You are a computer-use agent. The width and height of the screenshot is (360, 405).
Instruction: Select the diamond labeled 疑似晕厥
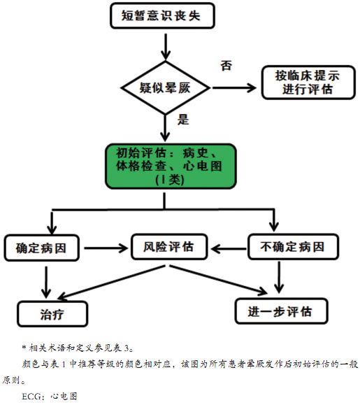tap(166, 88)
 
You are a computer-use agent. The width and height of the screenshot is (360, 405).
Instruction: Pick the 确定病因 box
tap(43, 247)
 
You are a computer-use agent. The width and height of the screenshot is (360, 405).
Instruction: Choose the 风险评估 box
tap(165, 247)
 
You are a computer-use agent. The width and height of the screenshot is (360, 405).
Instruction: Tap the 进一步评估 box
tap(280, 311)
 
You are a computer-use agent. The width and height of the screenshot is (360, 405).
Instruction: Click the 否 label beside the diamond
tap(226, 66)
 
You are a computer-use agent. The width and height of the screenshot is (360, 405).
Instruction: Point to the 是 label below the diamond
tap(183, 119)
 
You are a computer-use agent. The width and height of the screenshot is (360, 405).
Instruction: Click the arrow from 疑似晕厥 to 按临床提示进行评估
tap(234, 88)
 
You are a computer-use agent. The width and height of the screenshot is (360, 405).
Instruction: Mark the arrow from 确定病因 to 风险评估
tap(105, 247)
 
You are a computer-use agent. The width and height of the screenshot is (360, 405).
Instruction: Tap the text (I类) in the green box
tap(165, 180)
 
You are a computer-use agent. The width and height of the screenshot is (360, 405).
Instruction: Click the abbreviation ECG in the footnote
tap(32, 396)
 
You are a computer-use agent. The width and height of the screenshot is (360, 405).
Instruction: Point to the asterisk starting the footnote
tap(24, 346)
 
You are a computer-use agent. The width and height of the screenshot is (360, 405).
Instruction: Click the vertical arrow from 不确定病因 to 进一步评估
tap(280, 278)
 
